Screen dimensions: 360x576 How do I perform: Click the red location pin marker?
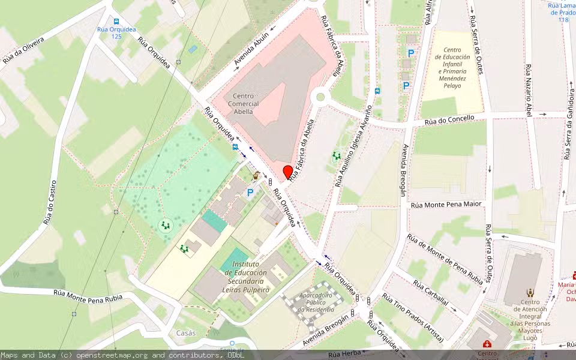pyautogui.click(x=287, y=172)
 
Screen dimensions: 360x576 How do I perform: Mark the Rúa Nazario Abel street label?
pyautogui.click(x=529, y=93)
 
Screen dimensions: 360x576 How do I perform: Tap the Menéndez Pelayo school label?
pyautogui.click(x=452, y=69)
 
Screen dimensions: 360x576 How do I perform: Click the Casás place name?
pyautogui.click(x=186, y=332)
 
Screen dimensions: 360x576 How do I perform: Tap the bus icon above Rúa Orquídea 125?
pyautogui.click(x=116, y=20)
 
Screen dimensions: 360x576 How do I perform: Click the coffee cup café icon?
pyautogui.click(x=257, y=176)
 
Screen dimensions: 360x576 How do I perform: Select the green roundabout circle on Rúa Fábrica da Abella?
pyautogui.click(x=320, y=96)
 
